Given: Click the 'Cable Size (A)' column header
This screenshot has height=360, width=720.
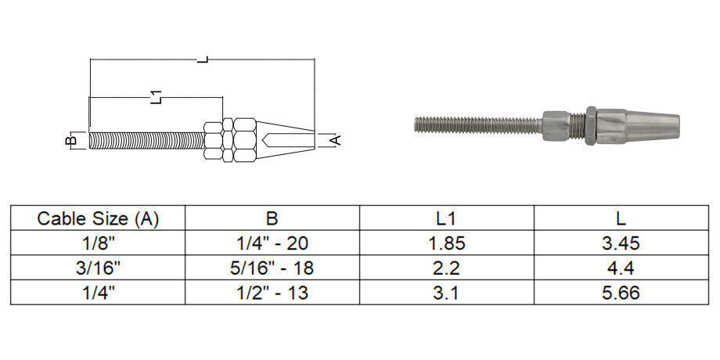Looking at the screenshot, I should click(x=98, y=218).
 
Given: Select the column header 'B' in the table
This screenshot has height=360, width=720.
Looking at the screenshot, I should click(x=272, y=218).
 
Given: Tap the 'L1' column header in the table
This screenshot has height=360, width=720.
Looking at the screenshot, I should click(x=446, y=218).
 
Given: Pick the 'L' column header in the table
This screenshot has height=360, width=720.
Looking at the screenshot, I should click(x=621, y=218).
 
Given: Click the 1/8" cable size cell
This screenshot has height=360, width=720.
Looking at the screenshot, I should click(x=98, y=243).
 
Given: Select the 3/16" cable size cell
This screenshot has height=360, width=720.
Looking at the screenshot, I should click(x=98, y=268).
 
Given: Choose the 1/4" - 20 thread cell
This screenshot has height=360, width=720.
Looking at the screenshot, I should click(x=272, y=243).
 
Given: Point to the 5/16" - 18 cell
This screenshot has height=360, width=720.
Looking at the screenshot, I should click(x=272, y=268).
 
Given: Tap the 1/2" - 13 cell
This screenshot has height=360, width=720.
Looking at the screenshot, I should click(x=272, y=293).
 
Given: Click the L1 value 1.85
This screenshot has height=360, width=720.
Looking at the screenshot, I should click(x=446, y=243).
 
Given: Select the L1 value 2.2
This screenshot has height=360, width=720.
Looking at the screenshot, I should click(x=446, y=268).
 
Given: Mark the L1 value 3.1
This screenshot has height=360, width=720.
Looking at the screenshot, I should click(x=446, y=293).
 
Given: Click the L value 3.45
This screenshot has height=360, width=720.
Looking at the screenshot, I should click(x=621, y=243).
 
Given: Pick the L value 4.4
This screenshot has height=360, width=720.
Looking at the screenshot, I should click(x=621, y=268).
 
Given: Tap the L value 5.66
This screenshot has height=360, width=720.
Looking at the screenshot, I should click(x=621, y=293).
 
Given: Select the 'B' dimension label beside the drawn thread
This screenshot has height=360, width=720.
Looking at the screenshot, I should click(x=70, y=141).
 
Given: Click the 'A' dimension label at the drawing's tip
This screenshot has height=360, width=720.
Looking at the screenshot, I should click(x=335, y=140).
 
